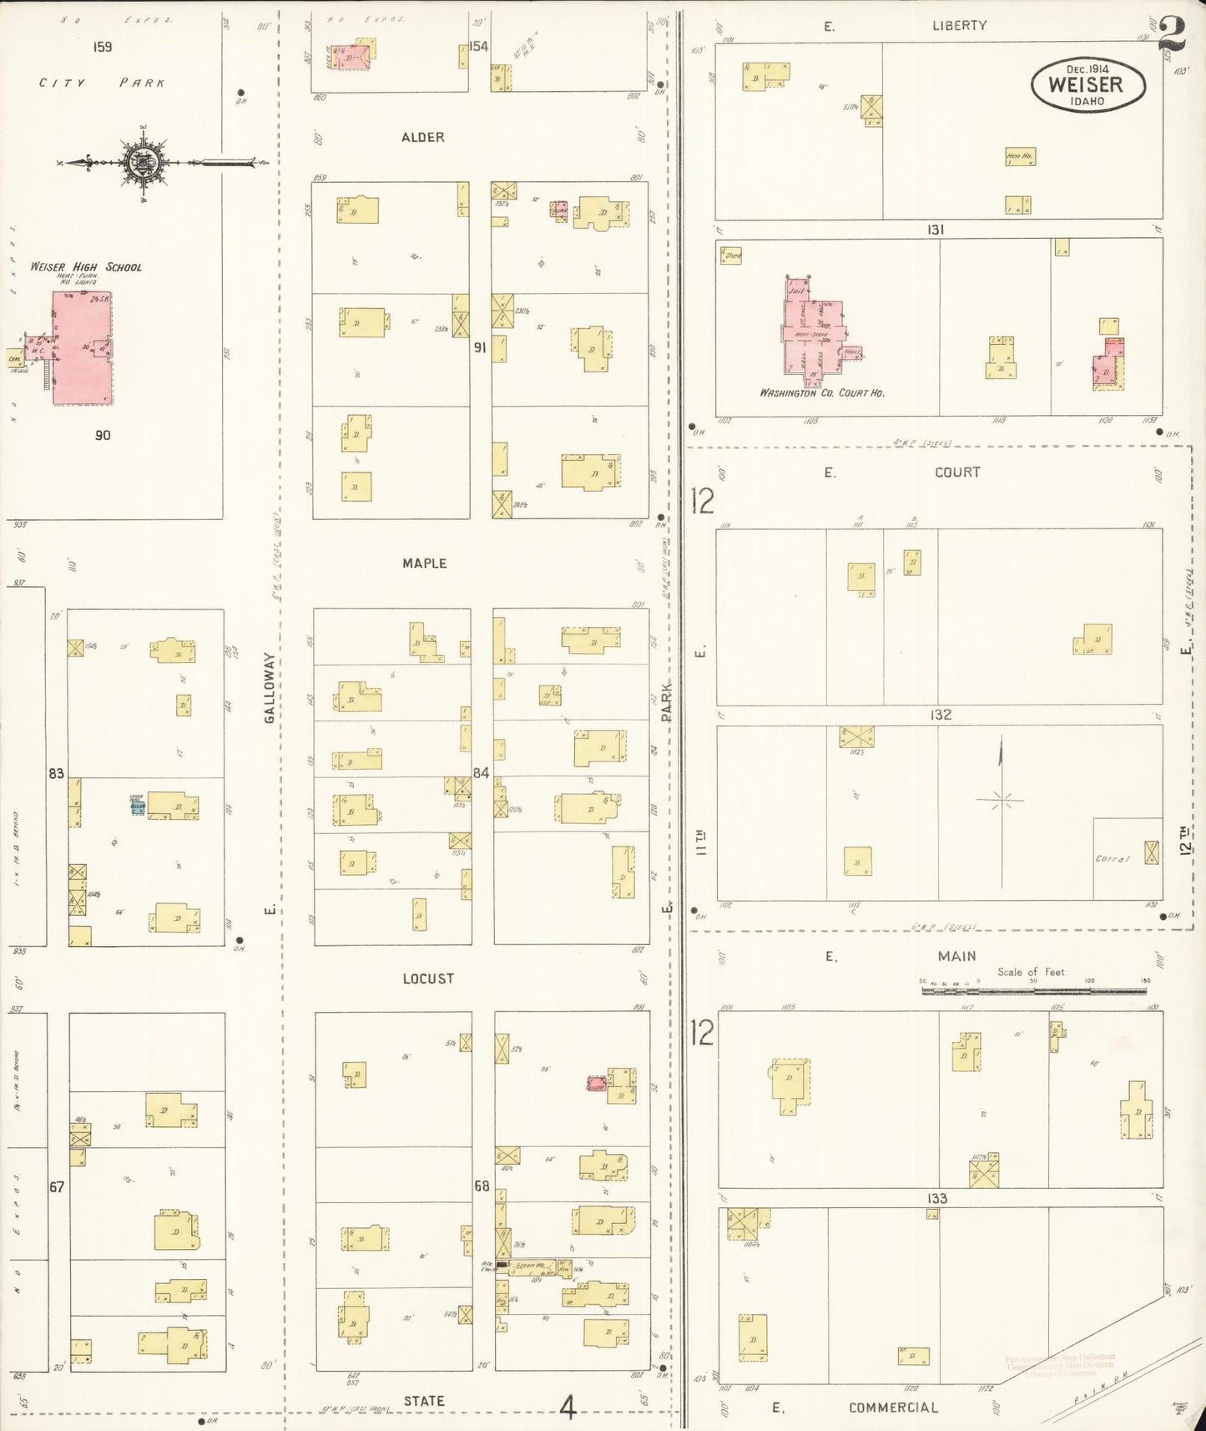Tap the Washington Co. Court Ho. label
coord(821,392)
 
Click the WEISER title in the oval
coord(1085,84)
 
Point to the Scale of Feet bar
coord(1036,991)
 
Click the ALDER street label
coord(423,137)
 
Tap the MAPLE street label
coord(424,564)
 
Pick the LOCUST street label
coord(427,978)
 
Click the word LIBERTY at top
coord(959,25)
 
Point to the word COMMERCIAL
coord(893,1408)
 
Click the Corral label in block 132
coord(1112,858)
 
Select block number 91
coord(480,347)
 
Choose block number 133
coord(936,1198)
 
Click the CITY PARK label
coord(102,83)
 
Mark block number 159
coord(102,48)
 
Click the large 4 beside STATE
coord(568,1409)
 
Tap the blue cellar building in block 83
coord(138,807)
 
